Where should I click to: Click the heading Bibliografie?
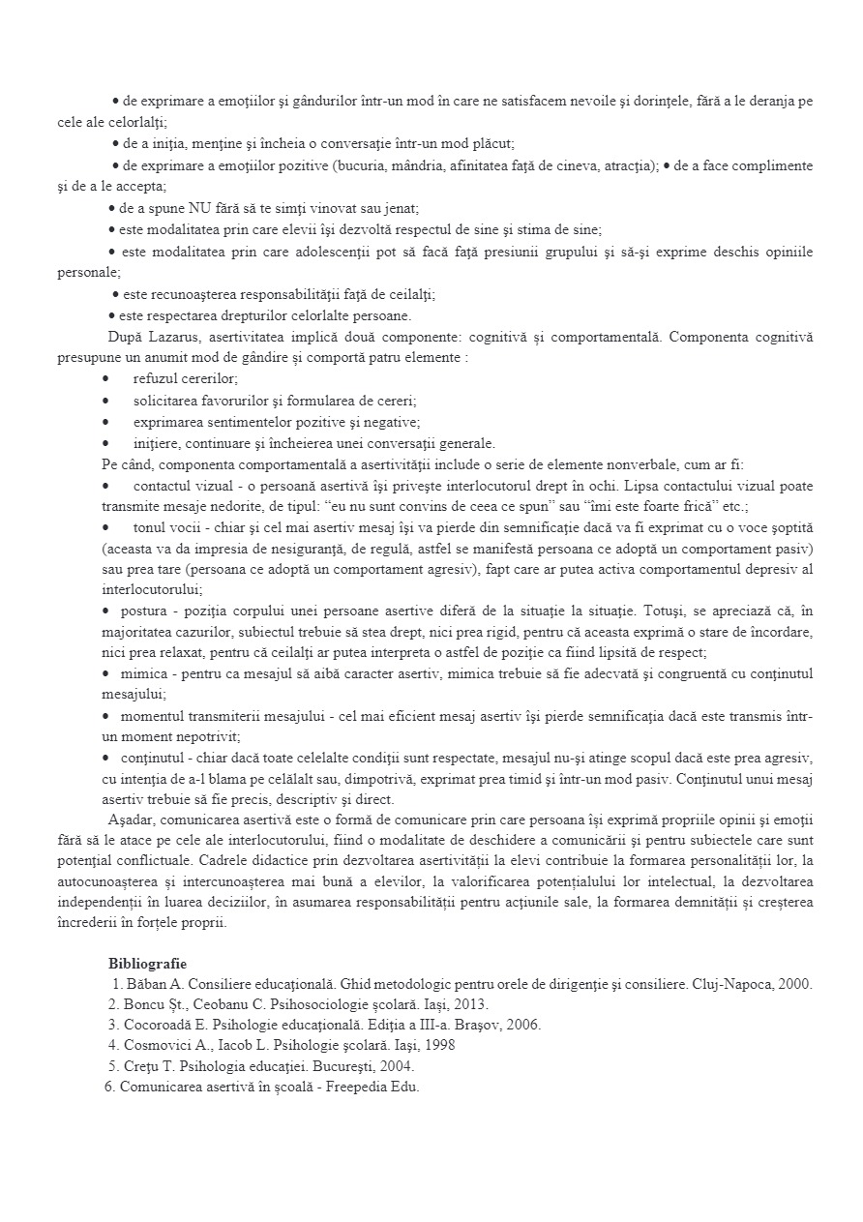tap(148, 963)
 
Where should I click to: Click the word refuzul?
tap(156, 378)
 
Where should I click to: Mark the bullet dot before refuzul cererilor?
tap(105, 378)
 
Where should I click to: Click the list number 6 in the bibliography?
tap(108, 1087)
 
